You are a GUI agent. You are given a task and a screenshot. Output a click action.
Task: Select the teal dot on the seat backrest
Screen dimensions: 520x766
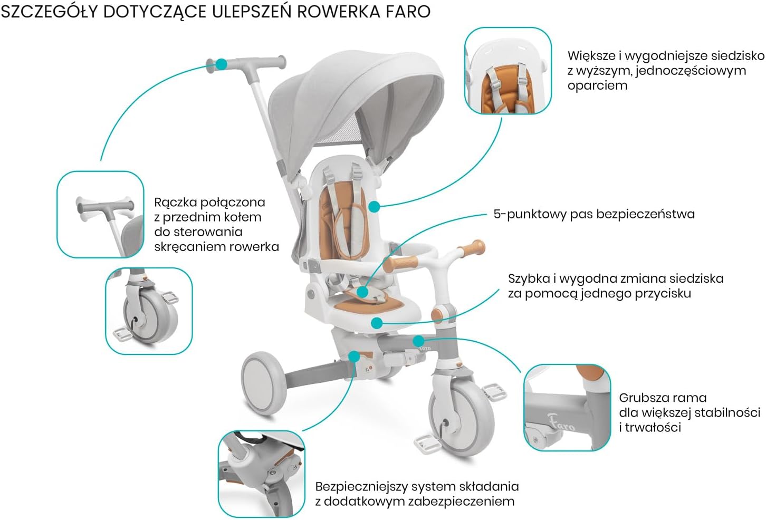coord(374,207)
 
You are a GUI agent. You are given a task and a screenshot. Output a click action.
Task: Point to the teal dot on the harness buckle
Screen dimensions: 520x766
coord(362,291)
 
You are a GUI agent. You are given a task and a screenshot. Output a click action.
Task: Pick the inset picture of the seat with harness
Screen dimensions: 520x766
coord(508,71)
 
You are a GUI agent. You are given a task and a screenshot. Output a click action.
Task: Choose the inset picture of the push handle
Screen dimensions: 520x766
coord(100,214)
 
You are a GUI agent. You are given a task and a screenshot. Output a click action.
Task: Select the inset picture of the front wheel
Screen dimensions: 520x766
coord(149,311)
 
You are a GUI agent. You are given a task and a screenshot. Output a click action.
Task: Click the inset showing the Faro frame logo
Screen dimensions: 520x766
coord(567,407)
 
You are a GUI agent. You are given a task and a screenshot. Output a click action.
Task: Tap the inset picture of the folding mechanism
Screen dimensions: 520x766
coord(262,474)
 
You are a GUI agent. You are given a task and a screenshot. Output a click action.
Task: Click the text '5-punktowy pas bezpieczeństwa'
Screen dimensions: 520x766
coord(593,214)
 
